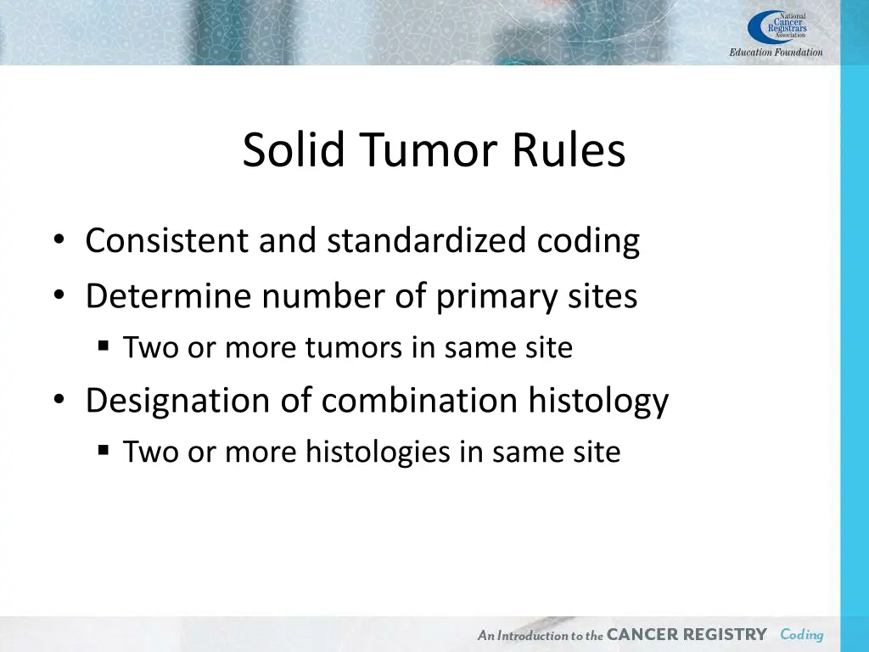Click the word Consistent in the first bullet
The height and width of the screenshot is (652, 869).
tap(168, 241)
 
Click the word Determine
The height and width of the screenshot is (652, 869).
tap(169, 296)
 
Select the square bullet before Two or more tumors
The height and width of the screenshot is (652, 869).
tap(104, 347)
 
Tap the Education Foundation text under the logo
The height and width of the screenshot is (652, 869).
tap(776, 53)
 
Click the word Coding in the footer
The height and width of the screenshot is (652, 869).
tap(802, 635)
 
